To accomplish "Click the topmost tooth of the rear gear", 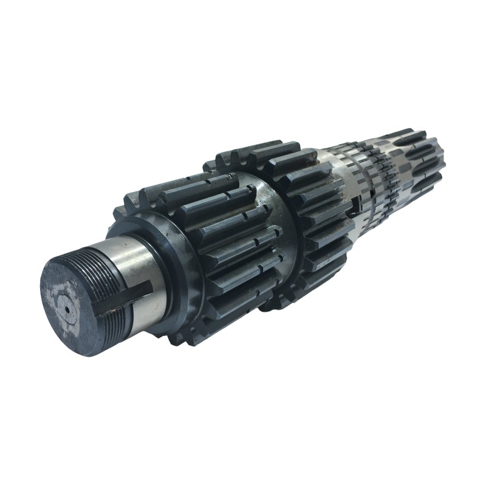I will point(255,149).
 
